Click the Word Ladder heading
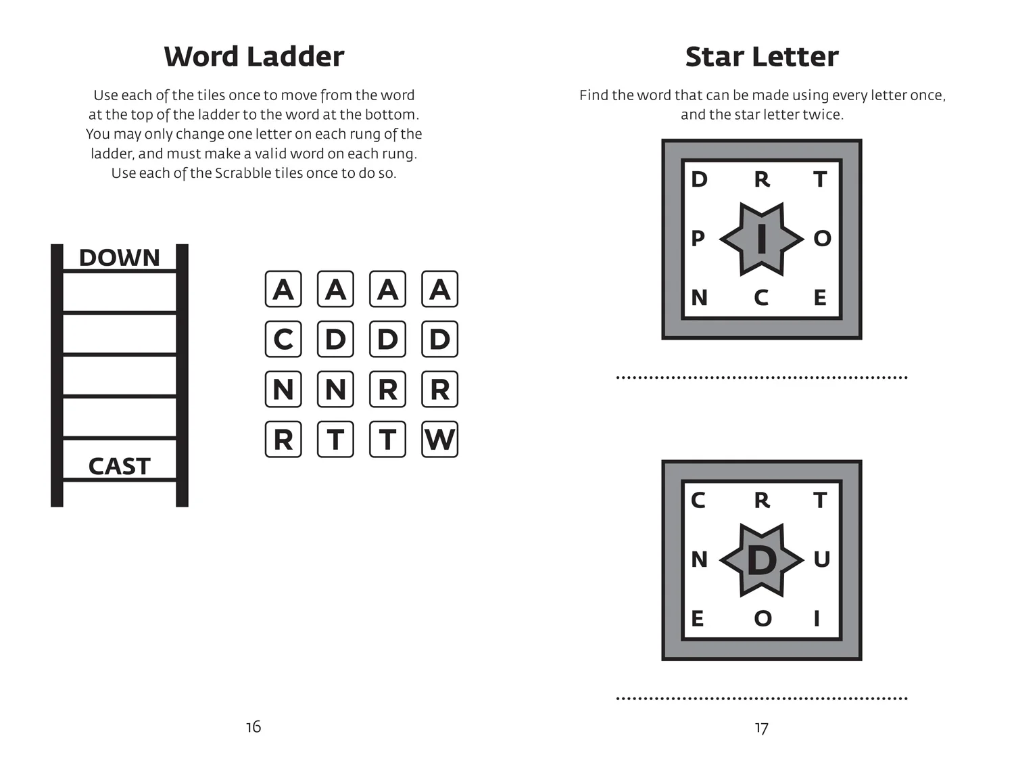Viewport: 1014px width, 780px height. (254, 57)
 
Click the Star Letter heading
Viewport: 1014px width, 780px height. (761, 57)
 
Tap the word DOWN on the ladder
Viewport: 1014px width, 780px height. (119, 258)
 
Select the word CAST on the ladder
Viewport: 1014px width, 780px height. (119, 466)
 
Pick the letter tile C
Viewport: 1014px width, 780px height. (283, 339)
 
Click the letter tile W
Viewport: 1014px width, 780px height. (439, 439)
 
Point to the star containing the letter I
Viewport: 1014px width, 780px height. (762, 239)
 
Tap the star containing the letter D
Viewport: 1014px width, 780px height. (762, 560)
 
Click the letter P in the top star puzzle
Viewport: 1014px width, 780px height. (698, 238)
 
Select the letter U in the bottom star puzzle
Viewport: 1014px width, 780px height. (821, 559)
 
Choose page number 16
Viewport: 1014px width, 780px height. (254, 727)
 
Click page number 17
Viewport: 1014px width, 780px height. (761, 728)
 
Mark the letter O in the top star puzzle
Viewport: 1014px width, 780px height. (822, 238)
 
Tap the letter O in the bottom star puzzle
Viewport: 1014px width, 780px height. (763, 618)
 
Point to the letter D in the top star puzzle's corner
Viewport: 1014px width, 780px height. (699, 179)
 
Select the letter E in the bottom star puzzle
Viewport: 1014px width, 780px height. (698, 618)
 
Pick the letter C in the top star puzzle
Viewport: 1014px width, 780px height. (761, 298)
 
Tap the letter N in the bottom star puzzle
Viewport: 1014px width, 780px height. (699, 559)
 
